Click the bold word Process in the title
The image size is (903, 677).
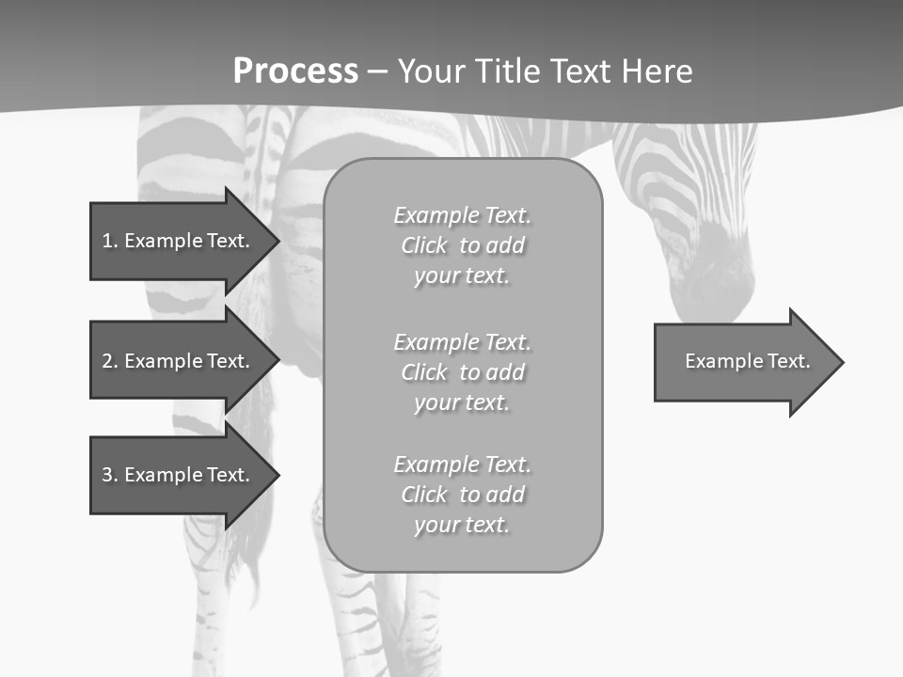tap(295, 71)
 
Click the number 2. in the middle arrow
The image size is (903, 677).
tap(109, 361)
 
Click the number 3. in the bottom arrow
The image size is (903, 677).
tap(109, 475)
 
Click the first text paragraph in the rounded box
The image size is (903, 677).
tap(462, 245)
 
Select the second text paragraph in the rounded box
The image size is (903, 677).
tap(462, 372)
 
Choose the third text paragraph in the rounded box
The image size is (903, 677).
tap(462, 495)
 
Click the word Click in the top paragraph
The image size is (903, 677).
tap(424, 245)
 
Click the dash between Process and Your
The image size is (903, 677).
tap(377, 71)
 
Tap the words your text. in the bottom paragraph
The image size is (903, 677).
tap(462, 525)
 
